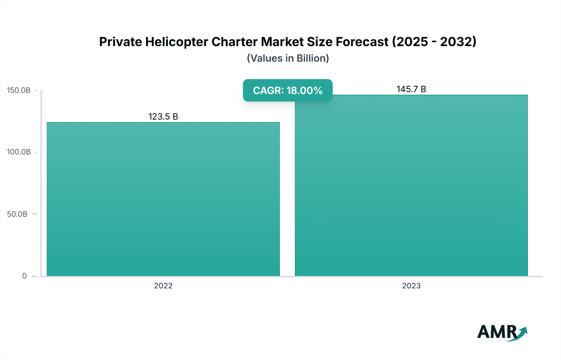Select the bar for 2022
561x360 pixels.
coord(163,199)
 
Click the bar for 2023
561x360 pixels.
coord(411,187)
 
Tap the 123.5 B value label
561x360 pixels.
coord(163,116)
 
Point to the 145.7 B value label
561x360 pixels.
coord(411,89)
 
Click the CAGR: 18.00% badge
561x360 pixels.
coord(288,90)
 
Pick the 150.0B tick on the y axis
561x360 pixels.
coord(19,90)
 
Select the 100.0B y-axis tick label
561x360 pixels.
coord(19,152)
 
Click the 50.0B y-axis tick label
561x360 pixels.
coord(17,214)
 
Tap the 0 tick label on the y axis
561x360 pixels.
coord(24,276)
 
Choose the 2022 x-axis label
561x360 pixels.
coord(163,286)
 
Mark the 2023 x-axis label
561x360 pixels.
coord(411,286)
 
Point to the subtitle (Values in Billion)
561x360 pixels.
coord(288,58)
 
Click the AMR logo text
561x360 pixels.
coord(497,332)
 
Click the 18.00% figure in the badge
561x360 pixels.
coord(304,90)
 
